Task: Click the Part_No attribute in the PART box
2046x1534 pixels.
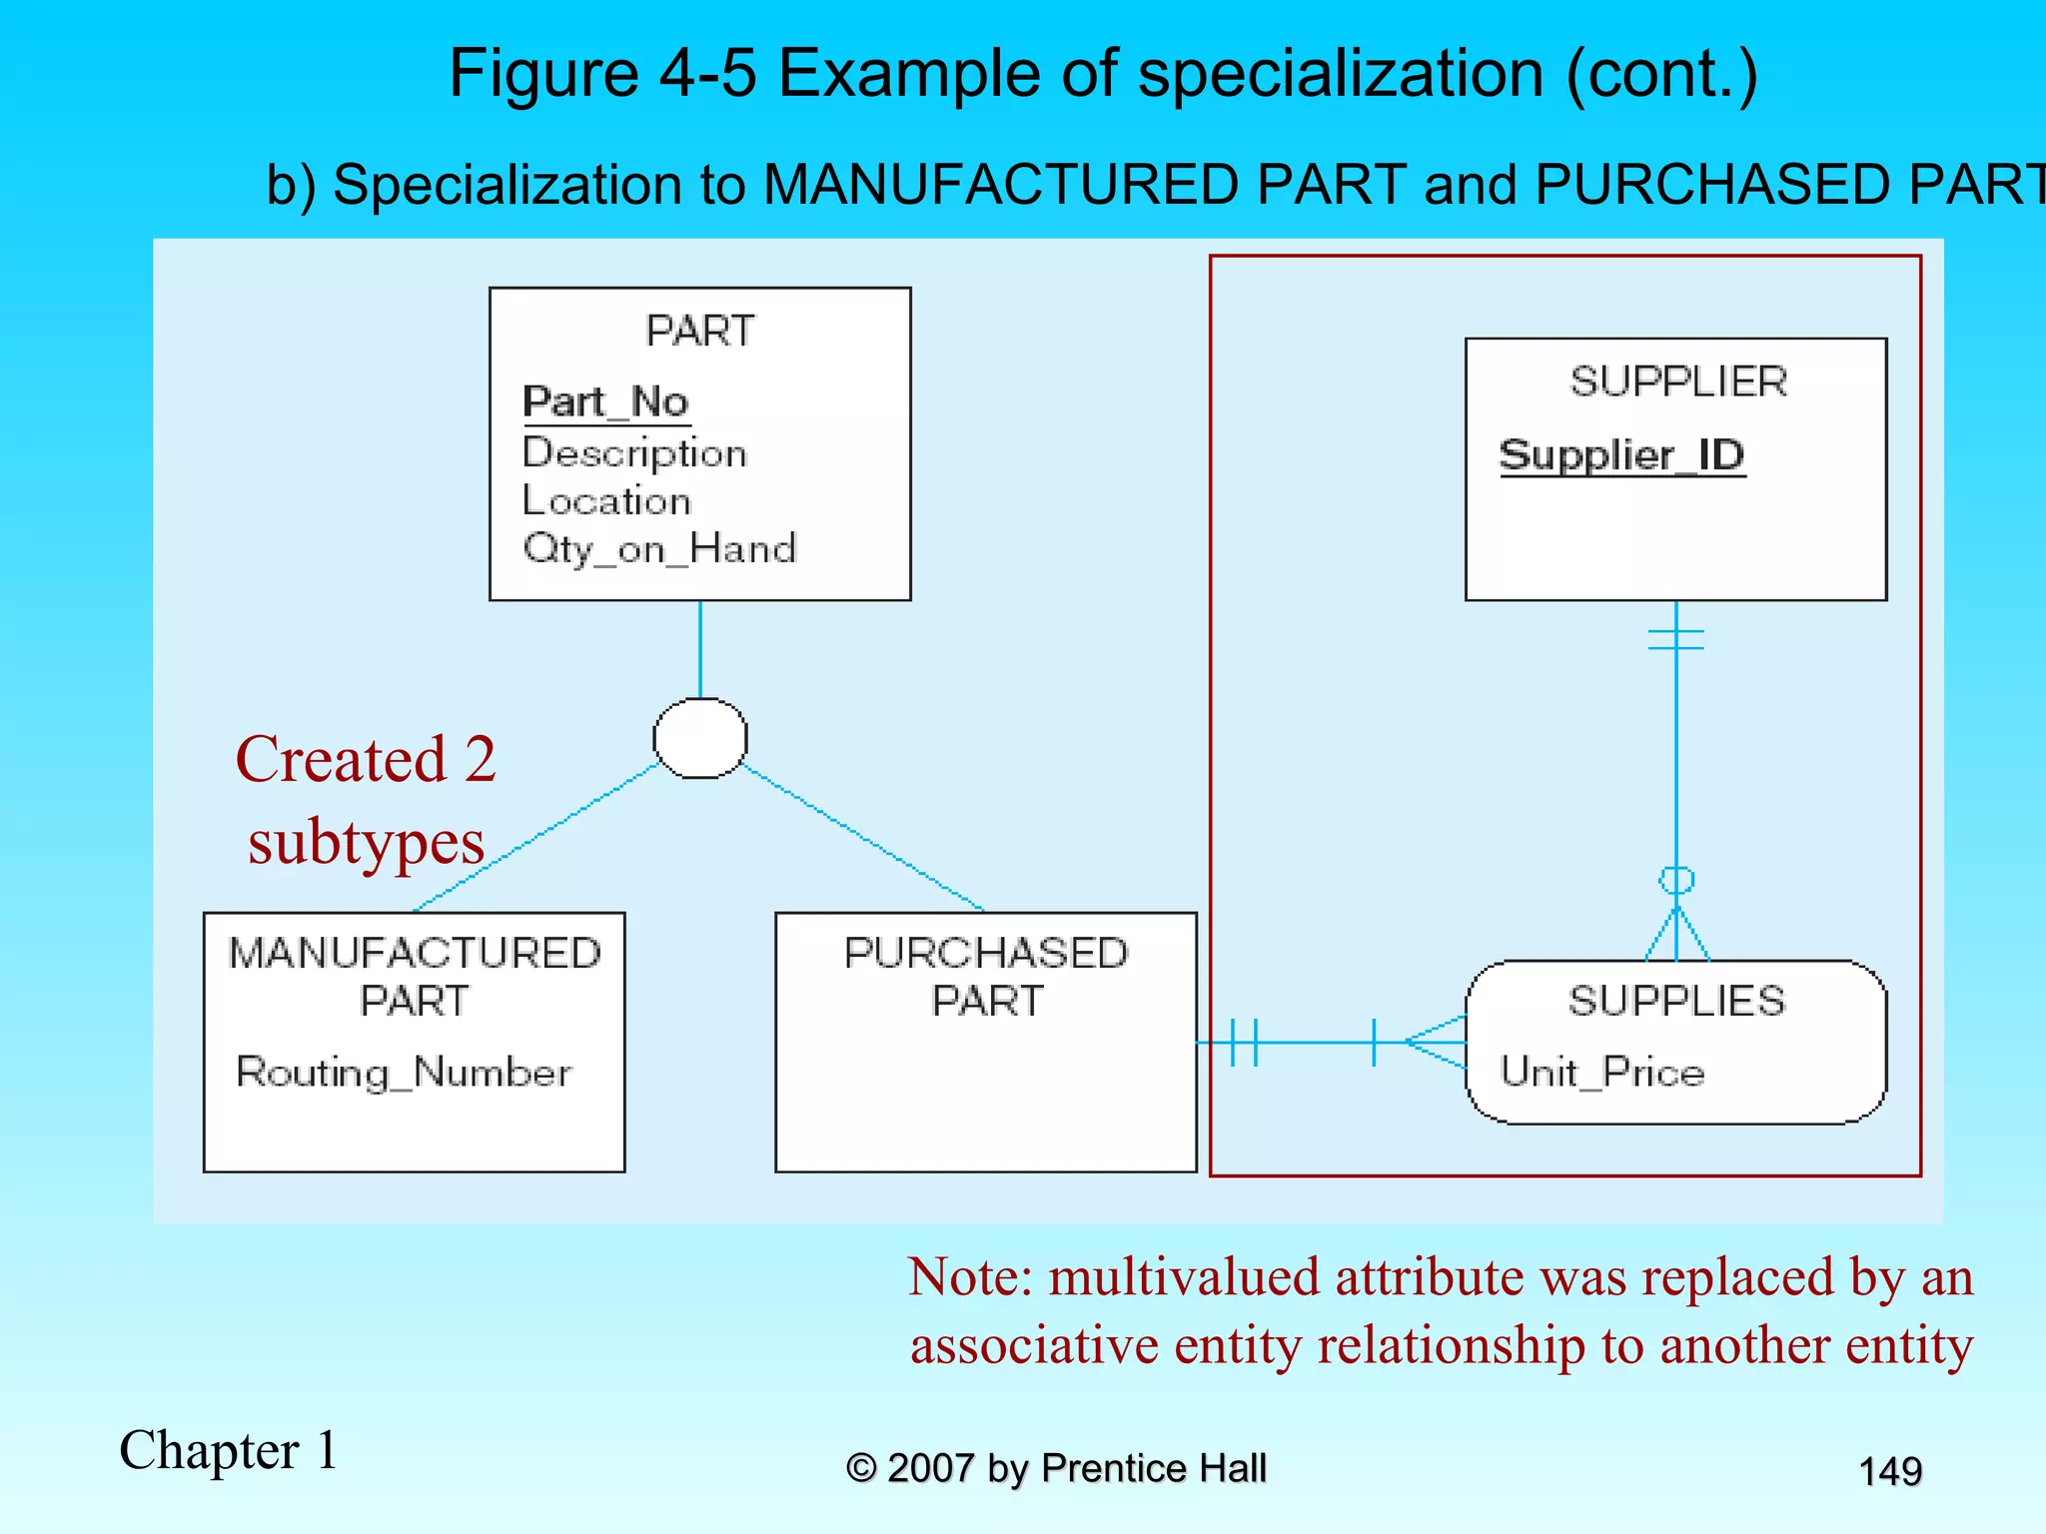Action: tap(605, 401)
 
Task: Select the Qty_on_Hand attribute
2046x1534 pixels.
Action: tap(659, 548)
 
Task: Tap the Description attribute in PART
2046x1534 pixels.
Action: tap(634, 453)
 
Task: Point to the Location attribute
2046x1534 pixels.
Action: tap(606, 500)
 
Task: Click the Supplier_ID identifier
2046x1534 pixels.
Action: tap(1621, 455)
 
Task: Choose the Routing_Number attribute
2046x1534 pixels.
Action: tap(404, 1073)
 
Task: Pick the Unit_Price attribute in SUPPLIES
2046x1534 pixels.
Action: tap(1601, 1073)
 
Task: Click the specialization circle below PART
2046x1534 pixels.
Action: tap(699, 738)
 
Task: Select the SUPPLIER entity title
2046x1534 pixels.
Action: tap(1677, 382)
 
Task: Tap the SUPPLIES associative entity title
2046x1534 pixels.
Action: tap(1675, 1001)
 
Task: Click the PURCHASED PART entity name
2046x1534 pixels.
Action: tap(986, 976)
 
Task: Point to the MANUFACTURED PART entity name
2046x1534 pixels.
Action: tap(415, 976)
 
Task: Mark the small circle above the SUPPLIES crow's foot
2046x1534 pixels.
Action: tap(1676, 880)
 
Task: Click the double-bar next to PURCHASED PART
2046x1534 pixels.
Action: tap(1244, 1042)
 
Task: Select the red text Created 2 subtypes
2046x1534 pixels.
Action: tap(366, 799)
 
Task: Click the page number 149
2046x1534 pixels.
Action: tap(1889, 1471)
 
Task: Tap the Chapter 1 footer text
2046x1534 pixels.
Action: tap(229, 1450)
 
